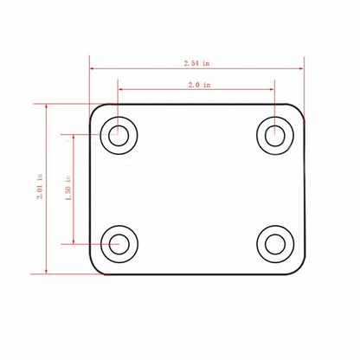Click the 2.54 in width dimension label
(196, 63)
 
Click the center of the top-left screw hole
(117, 134)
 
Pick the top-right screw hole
(274, 134)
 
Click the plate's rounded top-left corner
(94, 110)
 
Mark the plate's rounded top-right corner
(299, 110)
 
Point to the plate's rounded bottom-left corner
(94, 267)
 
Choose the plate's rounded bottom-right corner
(299, 267)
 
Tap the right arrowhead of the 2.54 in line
(302, 69)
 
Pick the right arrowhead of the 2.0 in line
(273, 87)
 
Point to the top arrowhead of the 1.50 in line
(75, 137)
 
